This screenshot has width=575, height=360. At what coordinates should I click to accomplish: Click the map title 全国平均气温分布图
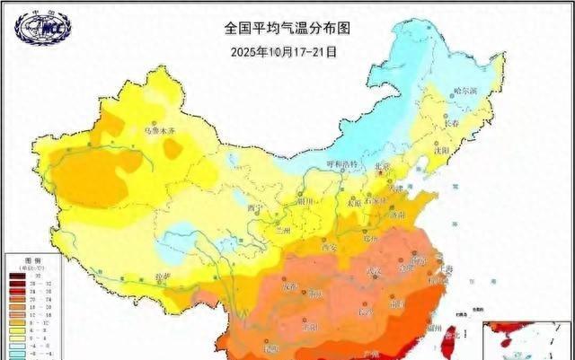287,28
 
